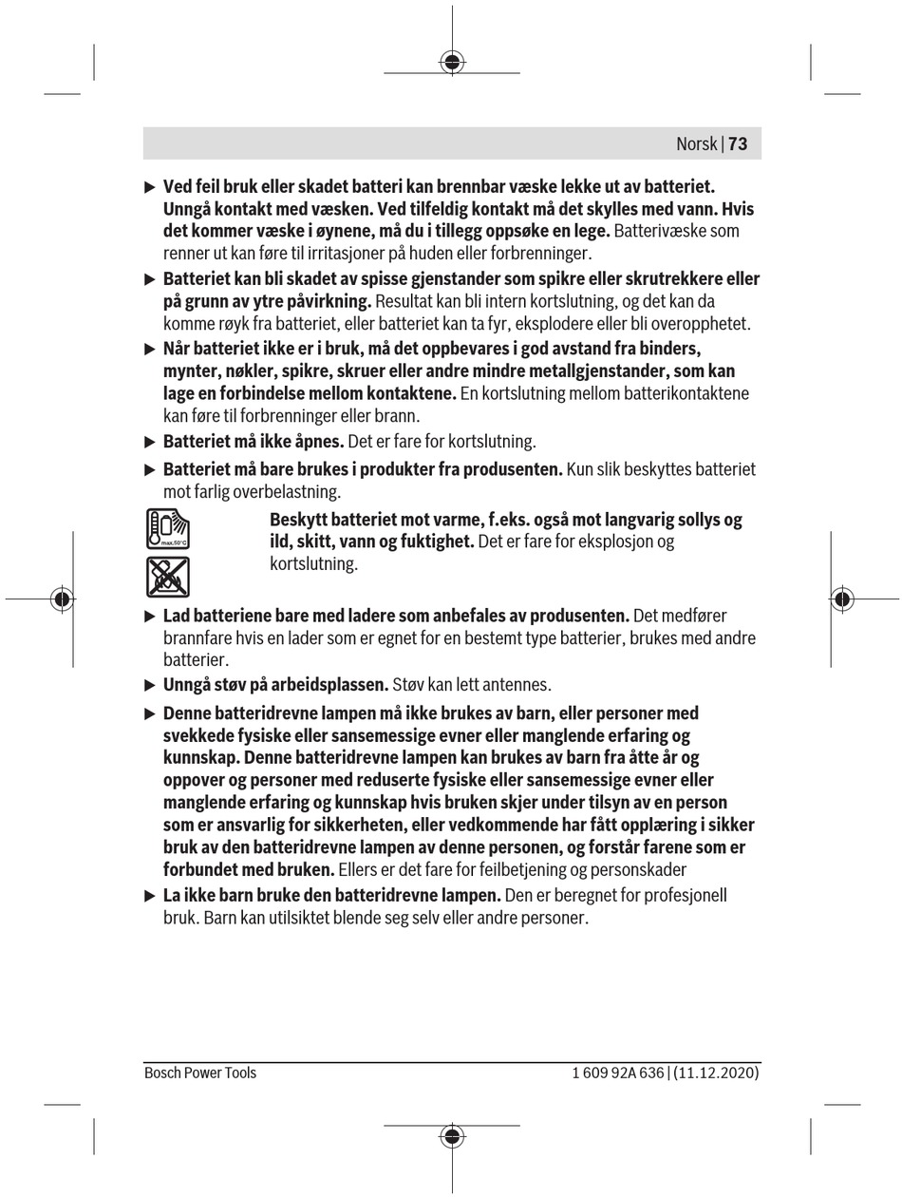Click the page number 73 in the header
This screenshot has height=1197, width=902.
click(x=738, y=143)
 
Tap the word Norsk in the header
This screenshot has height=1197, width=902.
click(x=696, y=143)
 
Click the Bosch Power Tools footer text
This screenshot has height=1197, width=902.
click(x=200, y=1073)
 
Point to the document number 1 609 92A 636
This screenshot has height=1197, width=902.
click(x=618, y=1073)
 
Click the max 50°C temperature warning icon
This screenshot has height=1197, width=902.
click(x=168, y=529)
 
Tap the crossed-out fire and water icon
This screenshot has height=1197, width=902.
click(x=168, y=577)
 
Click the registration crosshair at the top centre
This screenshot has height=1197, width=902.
click(x=452, y=63)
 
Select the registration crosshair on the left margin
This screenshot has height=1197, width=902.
click(x=63, y=598)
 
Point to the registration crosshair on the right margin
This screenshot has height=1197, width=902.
click(x=841, y=598)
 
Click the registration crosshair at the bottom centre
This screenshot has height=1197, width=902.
click(x=452, y=1136)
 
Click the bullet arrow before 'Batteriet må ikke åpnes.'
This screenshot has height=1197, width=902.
click(x=150, y=442)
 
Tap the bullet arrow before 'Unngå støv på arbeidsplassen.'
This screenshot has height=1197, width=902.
click(x=150, y=685)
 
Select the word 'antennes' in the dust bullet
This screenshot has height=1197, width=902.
click(x=518, y=685)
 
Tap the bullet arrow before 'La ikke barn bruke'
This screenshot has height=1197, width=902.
click(x=150, y=896)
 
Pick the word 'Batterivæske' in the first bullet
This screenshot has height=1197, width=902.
click(x=663, y=231)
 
